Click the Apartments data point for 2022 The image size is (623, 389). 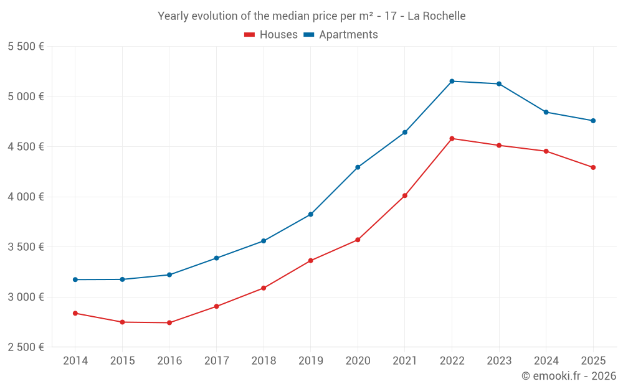pyautogui.click(x=452, y=81)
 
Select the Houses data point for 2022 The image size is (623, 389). pyautogui.click(x=452, y=138)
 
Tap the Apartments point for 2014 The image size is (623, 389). pyautogui.click(x=75, y=279)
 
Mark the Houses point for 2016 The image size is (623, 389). pyautogui.click(x=169, y=322)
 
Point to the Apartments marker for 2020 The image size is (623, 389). pyautogui.click(x=358, y=167)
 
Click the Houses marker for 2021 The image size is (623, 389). pyautogui.click(x=405, y=195)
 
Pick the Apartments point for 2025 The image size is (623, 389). pyautogui.click(x=593, y=121)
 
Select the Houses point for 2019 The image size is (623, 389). pyautogui.click(x=311, y=260)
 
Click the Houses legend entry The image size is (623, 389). pyautogui.click(x=271, y=35)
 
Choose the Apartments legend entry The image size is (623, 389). pyautogui.click(x=341, y=35)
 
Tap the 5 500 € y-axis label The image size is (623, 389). pyautogui.click(x=26, y=47)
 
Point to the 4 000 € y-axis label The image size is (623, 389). pyautogui.click(x=26, y=197)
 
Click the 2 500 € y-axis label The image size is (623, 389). pyautogui.click(x=26, y=347)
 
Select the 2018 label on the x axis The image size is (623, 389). pyautogui.click(x=264, y=361)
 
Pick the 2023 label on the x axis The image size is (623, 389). pyautogui.click(x=499, y=361)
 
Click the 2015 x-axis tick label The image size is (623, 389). pyautogui.click(x=122, y=361)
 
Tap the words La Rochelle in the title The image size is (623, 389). pyautogui.click(x=436, y=16)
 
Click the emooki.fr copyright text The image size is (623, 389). pyautogui.click(x=568, y=376)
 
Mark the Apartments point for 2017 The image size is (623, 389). pyautogui.click(x=216, y=258)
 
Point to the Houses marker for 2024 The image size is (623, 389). pyautogui.click(x=546, y=151)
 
